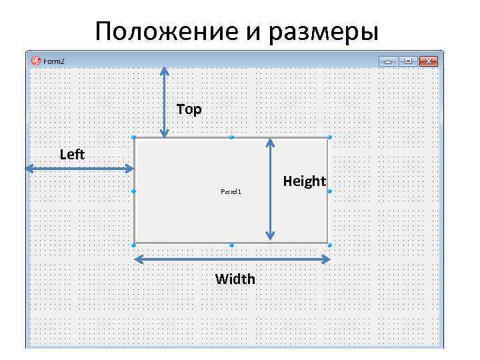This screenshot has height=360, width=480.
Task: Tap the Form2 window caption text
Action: click(x=55, y=61)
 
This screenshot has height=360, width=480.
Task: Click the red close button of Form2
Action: click(x=429, y=61)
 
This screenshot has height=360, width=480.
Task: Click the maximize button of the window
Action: click(x=409, y=61)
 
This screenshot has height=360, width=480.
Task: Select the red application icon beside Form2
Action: click(x=36, y=61)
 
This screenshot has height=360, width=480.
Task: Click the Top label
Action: click(x=189, y=109)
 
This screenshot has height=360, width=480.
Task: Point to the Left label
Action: click(x=72, y=155)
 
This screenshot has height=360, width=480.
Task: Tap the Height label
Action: click(x=304, y=181)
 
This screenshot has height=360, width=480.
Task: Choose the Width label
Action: click(x=235, y=279)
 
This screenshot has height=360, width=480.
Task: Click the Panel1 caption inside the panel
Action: click(x=231, y=191)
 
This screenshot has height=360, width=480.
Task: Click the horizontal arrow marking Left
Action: click(x=79, y=169)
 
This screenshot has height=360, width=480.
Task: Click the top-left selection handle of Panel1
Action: click(x=134, y=137)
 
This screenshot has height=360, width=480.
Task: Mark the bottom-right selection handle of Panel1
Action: click(x=329, y=245)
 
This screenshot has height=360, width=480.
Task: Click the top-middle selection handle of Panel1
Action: click(x=231, y=137)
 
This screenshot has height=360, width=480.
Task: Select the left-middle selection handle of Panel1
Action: click(x=134, y=191)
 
